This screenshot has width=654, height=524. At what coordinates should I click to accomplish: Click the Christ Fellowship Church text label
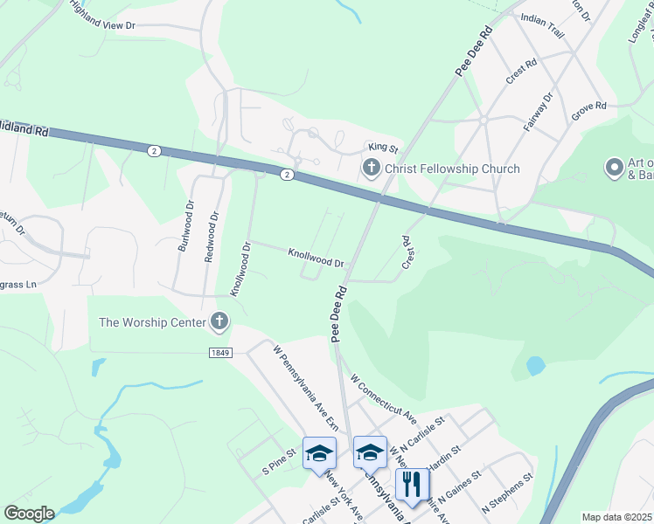(x=452, y=169)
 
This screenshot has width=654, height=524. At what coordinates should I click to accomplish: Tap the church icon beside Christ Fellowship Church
(x=371, y=168)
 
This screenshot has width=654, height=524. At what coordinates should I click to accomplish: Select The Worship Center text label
(x=152, y=322)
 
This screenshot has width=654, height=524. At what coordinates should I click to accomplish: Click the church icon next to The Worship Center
(x=219, y=322)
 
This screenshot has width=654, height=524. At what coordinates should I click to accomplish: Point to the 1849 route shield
(x=219, y=352)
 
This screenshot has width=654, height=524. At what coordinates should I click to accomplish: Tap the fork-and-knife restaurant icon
(x=411, y=483)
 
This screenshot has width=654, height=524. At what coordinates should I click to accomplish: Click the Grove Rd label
(x=588, y=107)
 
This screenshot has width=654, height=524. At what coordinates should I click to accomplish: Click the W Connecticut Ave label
(x=382, y=396)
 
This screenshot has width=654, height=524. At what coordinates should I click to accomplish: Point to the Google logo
(x=29, y=514)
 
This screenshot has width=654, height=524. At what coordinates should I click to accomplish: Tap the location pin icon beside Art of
(x=615, y=166)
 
